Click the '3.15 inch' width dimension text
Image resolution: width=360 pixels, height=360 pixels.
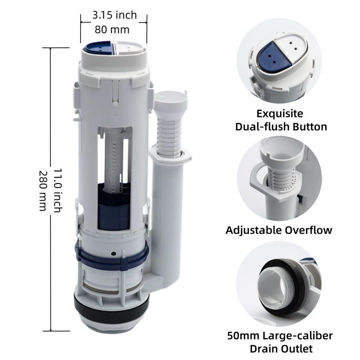pyautogui.click(x=114, y=15)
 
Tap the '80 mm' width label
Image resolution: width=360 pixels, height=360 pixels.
pyautogui.click(x=112, y=30)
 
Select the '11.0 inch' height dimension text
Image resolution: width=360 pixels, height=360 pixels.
pyautogui.click(x=58, y=190)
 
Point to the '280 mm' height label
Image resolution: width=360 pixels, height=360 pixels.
pyautogui.click(x=43, y=190)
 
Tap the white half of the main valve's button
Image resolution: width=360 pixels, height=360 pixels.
pyautogui.click(x=130, y=48)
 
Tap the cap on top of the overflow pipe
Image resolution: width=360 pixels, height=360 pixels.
pyautogui.click(x=171, y=99)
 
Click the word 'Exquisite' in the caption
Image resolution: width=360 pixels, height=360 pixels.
pyautogui.click(x=279, y=114)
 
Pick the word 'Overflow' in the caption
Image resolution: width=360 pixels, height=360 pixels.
pyautogui.click(x=308, y=230)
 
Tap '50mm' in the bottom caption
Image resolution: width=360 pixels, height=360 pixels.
pyautogui.click(x=243, y=336)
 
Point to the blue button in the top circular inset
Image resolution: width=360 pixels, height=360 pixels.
pyautogui.click(x=275, y=57)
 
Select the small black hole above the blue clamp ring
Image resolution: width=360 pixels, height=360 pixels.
pyautogui.click(x=113, y=254)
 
